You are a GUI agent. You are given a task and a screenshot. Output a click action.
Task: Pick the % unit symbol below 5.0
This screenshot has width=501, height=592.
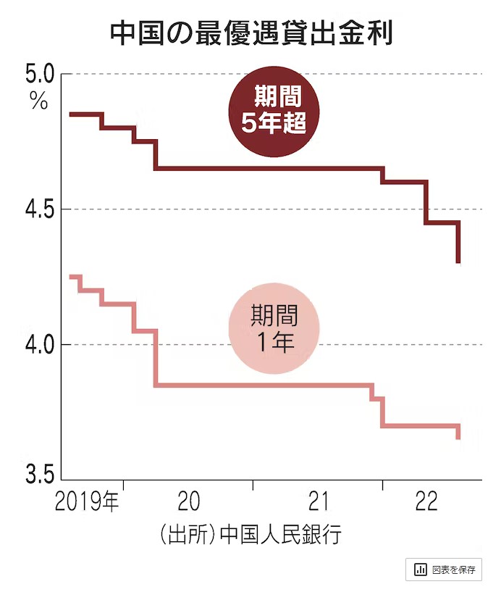coord(38,101)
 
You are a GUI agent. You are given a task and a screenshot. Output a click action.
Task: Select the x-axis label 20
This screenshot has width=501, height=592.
coord(188,501)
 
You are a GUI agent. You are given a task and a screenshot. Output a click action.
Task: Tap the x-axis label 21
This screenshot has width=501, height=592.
coord(319,501)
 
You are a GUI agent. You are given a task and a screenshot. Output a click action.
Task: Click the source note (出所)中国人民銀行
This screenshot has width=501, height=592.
coord(250,536)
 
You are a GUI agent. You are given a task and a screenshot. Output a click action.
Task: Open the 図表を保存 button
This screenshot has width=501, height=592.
coord(444,570)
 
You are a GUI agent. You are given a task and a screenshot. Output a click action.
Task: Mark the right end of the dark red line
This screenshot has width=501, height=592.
coord(459,262)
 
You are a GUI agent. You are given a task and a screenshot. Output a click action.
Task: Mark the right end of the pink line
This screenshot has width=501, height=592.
coord(458,437)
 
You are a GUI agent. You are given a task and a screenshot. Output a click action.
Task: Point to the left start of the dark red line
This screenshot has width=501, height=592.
coord(70,114)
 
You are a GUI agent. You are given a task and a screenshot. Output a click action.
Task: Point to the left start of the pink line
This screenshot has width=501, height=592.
coord(70,277)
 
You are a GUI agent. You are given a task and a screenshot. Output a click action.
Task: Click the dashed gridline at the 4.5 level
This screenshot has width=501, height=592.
coord(290,209)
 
